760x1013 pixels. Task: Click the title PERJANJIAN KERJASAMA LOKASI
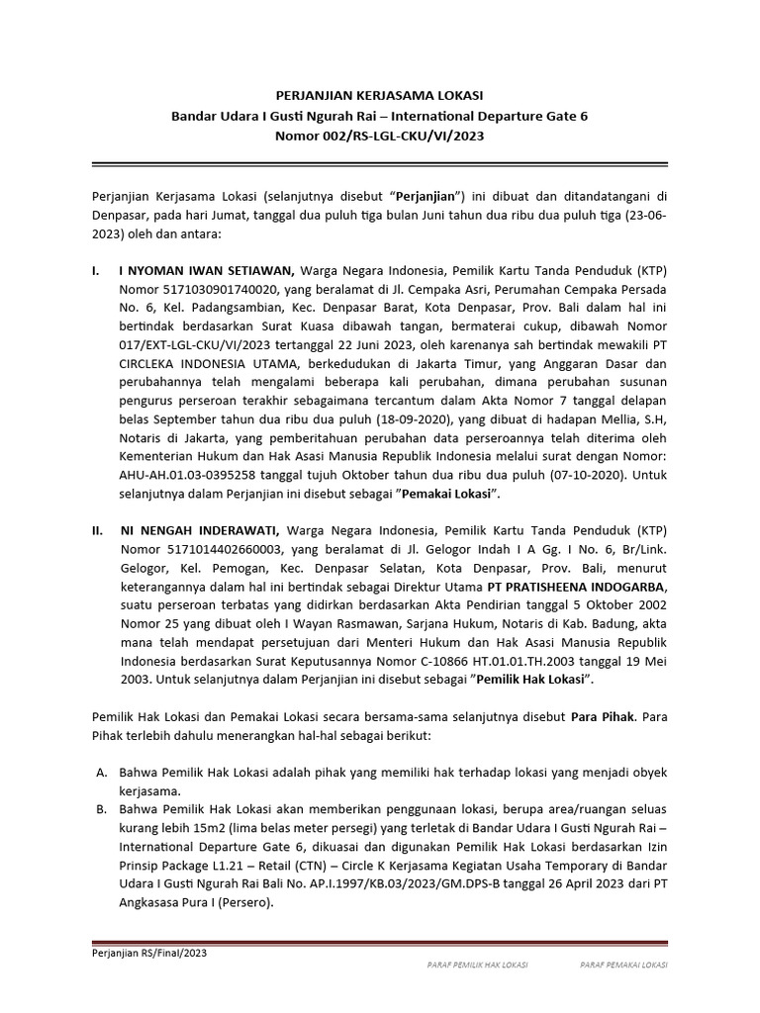pos(379,96)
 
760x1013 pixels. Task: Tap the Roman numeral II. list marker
pos(97,530)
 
